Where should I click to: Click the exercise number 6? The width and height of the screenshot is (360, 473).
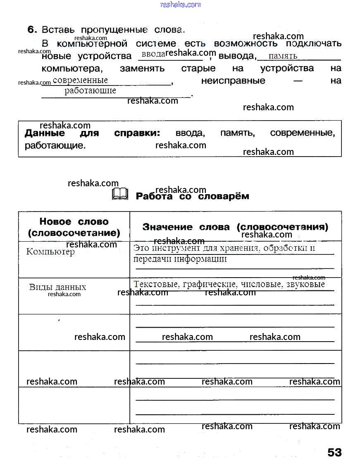coord(32,30)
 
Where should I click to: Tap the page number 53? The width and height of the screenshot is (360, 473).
coord(334,452)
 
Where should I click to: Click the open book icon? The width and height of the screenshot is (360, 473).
coord(120,194)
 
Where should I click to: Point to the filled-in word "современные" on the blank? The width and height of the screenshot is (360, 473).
coord(80,81)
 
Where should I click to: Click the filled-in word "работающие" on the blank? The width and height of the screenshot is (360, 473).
coord(90,91)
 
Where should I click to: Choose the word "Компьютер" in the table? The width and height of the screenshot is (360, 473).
coord(50,252)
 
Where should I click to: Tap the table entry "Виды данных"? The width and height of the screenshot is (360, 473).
coord(57,287)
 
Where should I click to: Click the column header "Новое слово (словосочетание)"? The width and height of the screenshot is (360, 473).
coord(74,227)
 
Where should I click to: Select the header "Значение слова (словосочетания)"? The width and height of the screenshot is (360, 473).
coord(235,227)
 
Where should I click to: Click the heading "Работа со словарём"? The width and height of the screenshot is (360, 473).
coord(192,196)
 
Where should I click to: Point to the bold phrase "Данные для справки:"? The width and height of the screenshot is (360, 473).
coord(92,133)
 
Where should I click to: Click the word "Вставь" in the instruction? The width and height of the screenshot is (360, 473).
coord(58,30)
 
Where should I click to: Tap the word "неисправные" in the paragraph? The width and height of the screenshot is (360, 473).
coord(233,81)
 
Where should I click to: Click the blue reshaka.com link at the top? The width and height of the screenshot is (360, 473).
coord(180,5)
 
